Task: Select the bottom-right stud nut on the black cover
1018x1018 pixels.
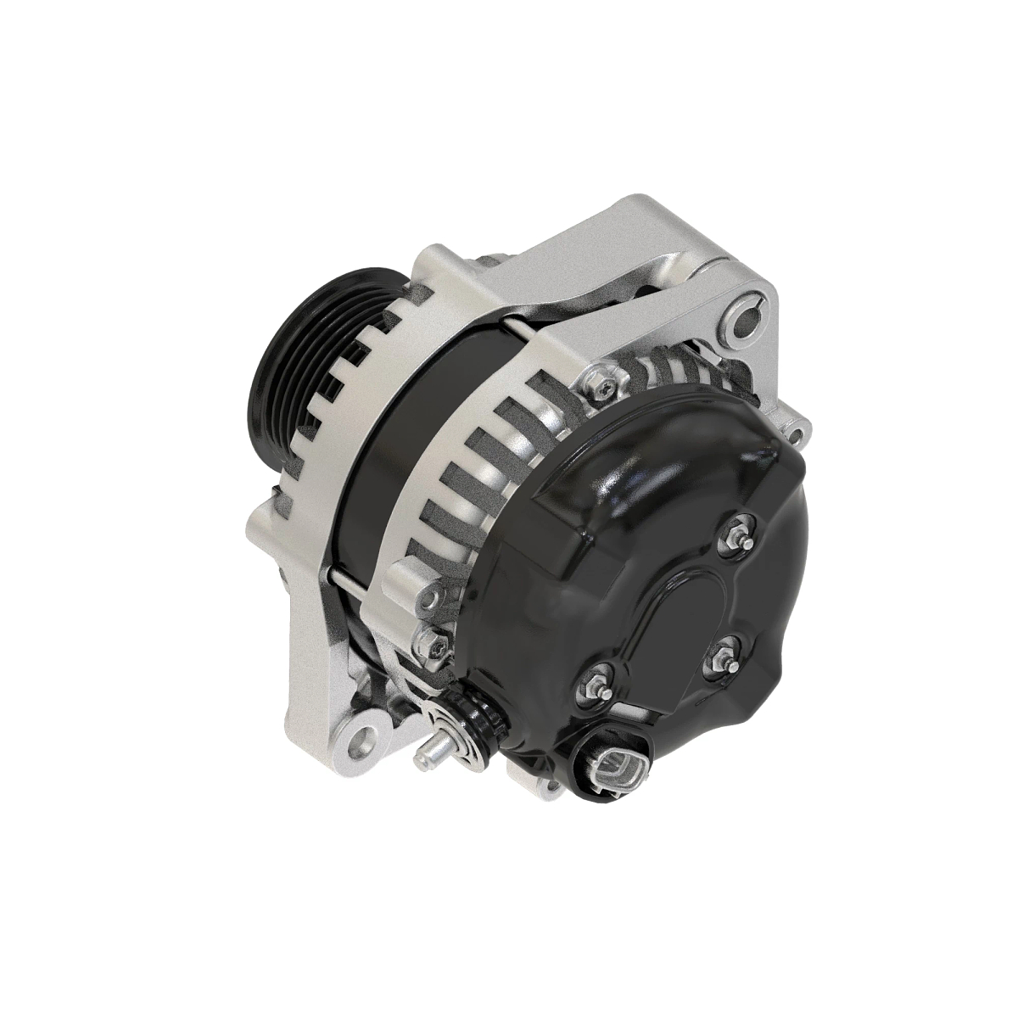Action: [x=722, y=654]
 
